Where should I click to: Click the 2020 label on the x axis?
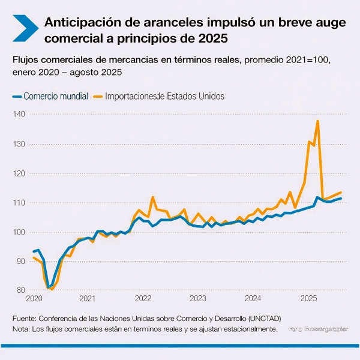(x=35, y=298)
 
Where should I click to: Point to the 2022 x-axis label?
(x=143, y=298)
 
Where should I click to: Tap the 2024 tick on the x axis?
(x=253, y=298)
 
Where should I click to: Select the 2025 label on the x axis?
(x=308, y=298)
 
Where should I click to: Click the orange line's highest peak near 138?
(x=317, y=121)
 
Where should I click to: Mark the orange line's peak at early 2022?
(x=152, y=197)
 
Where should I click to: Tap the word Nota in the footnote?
(x=20, y=329)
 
